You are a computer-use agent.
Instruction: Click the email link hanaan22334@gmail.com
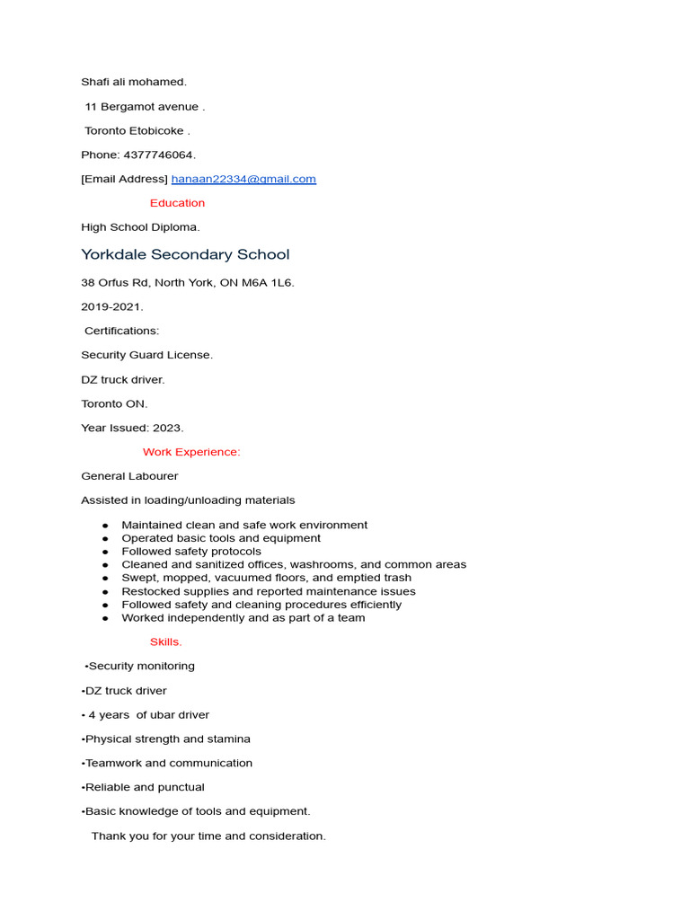click(x=243, y=179)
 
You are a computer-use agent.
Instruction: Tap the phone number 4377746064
click(x=158, y=155)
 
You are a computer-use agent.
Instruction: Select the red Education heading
click(x=177, y=203)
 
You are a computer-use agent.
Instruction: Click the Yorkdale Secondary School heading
click(x=185, y=254)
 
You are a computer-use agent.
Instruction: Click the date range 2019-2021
click(x=111, y=306)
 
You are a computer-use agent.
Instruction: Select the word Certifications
click(x=121, y=331)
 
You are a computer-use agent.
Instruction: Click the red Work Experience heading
click(x=191, y=452)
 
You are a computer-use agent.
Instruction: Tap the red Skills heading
click(x=165, y=641)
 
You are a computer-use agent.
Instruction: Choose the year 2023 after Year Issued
click(x=167, y=428)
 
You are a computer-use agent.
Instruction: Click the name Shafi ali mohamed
click(x=133, y=82)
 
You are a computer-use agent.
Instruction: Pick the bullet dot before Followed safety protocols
click(x=105, y=552)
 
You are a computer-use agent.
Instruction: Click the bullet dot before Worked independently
click(x=105, y=618)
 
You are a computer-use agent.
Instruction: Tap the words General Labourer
click(x=129, y=476)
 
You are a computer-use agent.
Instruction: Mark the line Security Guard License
click(x=146, y=355)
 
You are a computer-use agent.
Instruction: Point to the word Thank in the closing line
click(x=108, y=836)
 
